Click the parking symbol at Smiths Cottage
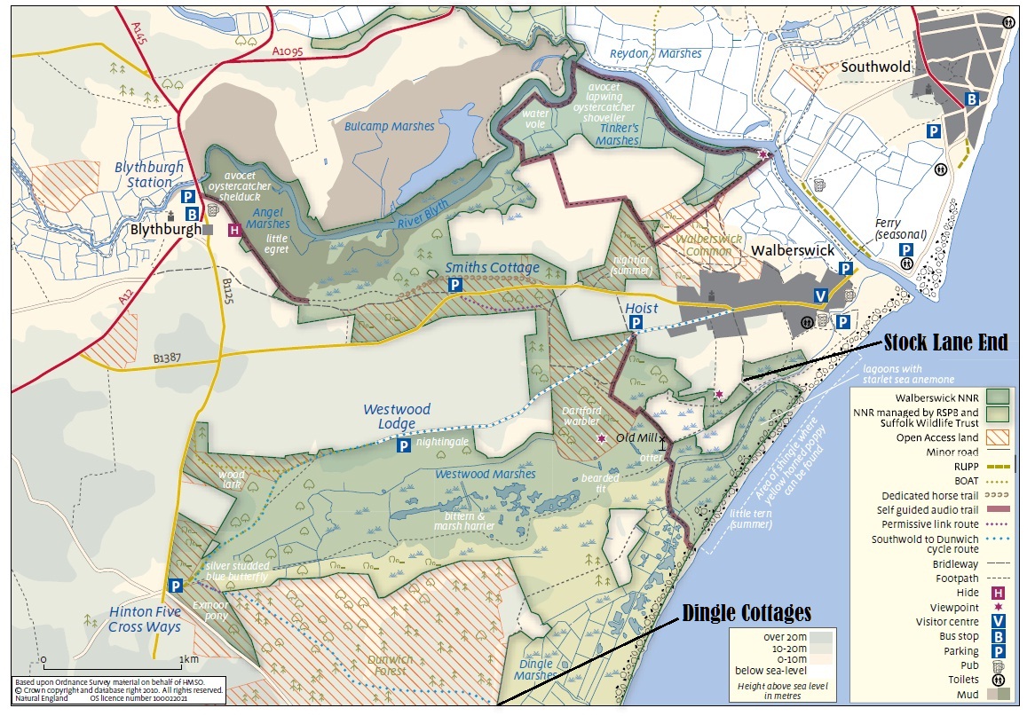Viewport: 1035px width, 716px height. (454, 285)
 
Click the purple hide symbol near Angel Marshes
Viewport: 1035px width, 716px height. (234, 231)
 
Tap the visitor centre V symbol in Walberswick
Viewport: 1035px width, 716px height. (822, 296)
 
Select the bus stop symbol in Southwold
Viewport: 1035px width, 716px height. (972, 99)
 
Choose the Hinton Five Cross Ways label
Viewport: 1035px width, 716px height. (145, 619)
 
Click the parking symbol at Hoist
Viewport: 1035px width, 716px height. (636, 326)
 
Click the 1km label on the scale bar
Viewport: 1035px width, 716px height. (188, 659)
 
